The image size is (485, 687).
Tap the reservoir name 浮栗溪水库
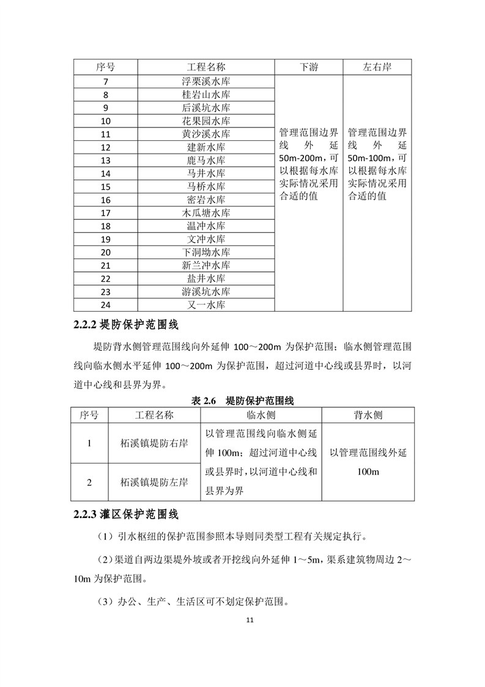coord(206,81)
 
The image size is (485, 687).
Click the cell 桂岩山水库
coord(206,95)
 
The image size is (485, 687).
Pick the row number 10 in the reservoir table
coord(105,121)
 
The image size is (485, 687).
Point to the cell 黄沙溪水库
coord(206,134)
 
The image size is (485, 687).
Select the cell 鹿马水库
coord(206,160)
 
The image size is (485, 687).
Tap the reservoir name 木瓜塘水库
coord(206,213)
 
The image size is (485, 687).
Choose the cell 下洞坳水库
coord(206,252)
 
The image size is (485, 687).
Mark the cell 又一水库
coord(206,305)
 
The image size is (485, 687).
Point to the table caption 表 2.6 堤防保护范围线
coord(242,401)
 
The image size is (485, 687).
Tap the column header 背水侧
coord(368,415)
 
